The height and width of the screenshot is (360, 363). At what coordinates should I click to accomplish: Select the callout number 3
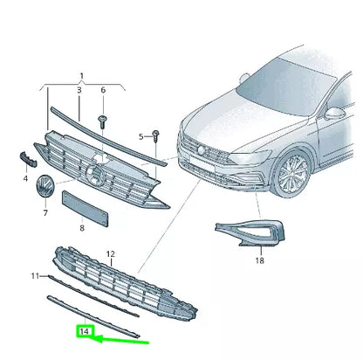[80, 90]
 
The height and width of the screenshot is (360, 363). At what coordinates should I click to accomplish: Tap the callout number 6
[103, 90]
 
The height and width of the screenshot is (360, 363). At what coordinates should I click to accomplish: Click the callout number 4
[25, 177]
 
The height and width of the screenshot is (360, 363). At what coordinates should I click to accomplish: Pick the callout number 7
[46, 212]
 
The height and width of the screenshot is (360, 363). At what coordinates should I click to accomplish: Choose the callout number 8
[81, 227]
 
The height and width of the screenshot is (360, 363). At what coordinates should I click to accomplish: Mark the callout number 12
[111, 254]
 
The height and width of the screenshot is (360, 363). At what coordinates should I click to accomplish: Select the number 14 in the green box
[85, 332]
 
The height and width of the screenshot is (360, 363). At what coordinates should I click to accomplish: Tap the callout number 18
[259, 260]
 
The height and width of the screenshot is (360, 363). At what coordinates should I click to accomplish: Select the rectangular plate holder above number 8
[81, 206]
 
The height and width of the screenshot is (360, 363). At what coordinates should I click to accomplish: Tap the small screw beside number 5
[154, 135]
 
